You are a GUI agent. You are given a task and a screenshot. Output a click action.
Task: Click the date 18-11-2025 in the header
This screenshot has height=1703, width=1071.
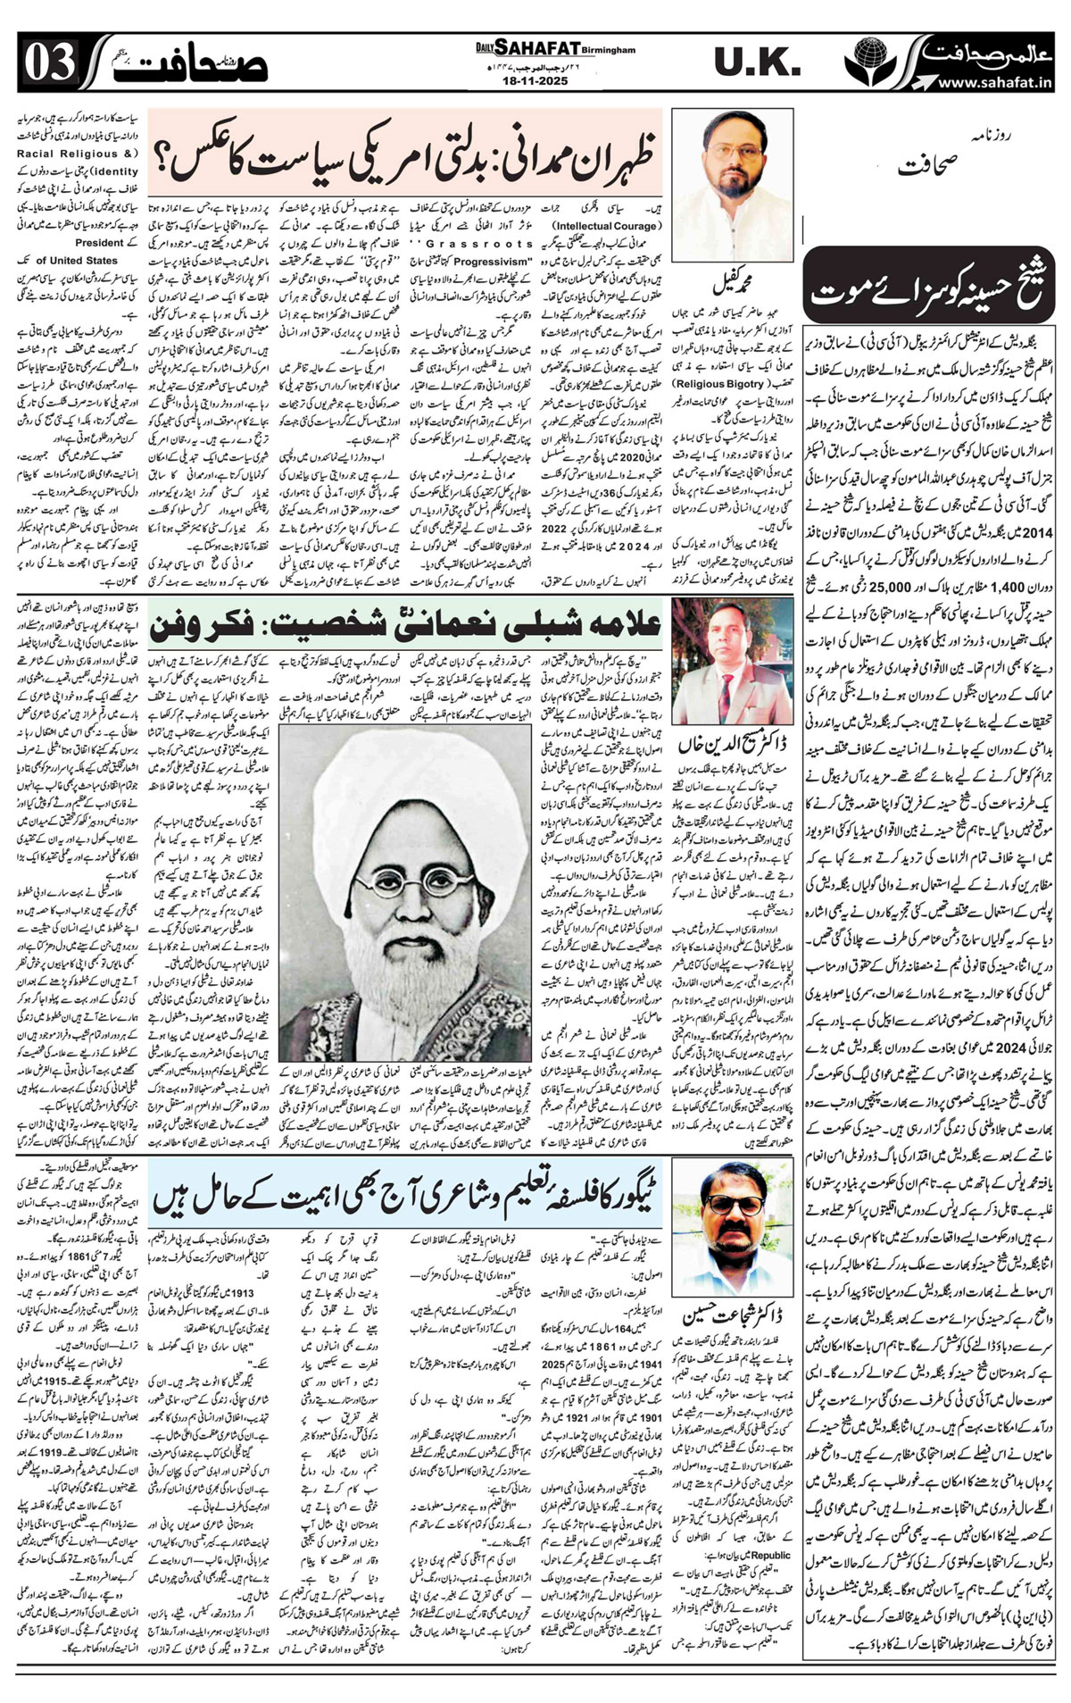(535, 80)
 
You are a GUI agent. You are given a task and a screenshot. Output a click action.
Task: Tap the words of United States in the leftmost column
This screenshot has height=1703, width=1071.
(79, 260)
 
